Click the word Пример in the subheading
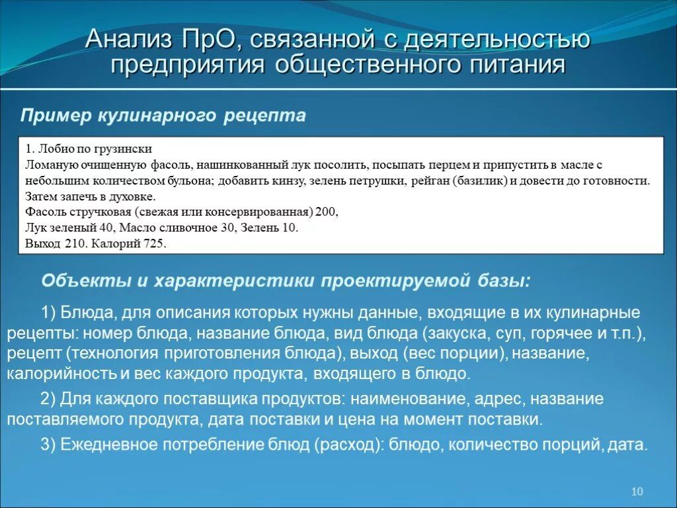click(56, 116)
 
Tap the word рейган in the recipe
click(432, 181)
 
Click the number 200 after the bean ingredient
click(326, 212)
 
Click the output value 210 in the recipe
click(75, 244)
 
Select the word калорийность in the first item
click(62, 374)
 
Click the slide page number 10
click(637, 491)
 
